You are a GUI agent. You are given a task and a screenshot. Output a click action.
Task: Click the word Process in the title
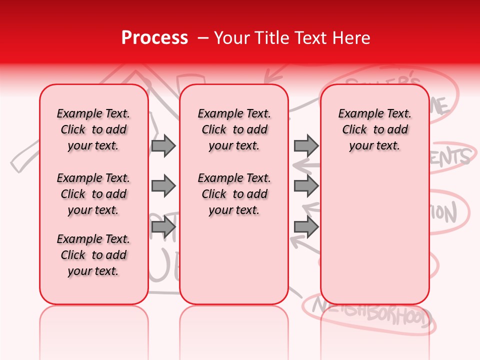154,38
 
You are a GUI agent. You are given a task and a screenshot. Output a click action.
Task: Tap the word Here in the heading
351,38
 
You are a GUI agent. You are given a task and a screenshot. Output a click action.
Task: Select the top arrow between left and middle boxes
163,145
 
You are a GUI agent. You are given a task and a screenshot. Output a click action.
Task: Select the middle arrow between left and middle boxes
163,186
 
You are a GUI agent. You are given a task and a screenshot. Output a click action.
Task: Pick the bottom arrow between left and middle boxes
163,227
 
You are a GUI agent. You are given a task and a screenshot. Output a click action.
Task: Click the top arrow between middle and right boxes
306,145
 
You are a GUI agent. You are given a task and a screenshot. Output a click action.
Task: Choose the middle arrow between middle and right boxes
306,186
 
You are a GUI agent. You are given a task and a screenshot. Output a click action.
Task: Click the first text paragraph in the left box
93,129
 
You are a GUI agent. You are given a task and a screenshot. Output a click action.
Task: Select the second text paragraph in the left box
93,194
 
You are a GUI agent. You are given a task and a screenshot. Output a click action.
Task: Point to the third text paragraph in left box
93,255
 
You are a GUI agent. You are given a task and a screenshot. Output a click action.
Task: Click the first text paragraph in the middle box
234,129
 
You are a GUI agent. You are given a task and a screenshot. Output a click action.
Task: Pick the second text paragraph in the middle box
234,194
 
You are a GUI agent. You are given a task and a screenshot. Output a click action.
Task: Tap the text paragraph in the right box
374,129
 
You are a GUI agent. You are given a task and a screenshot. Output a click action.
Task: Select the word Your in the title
229,38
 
